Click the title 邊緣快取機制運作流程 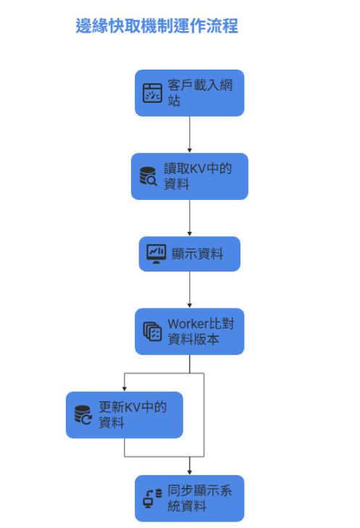click(156, 27)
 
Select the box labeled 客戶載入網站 click(189, 93)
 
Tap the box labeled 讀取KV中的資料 click(189, 176)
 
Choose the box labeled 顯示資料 click(189, 253)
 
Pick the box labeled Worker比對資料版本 click(189, 331)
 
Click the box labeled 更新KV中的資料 click(124, 414)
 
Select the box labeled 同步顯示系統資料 click(189, 498)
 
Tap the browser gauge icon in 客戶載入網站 click(152, 93)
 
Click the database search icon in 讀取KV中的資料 click(148, 176)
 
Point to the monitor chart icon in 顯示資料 click(156, 253)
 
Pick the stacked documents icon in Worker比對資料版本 click(152, 332)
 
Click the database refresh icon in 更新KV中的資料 click(83, 415)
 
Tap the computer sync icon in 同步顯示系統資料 click(152, 499)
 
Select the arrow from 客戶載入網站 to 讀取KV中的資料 click(189, 134)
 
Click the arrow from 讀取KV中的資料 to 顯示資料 click(189, 217)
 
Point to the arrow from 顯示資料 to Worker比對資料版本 click(189, 290)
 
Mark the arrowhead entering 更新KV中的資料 click(124, 387)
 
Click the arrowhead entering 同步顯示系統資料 click(189, 471)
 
